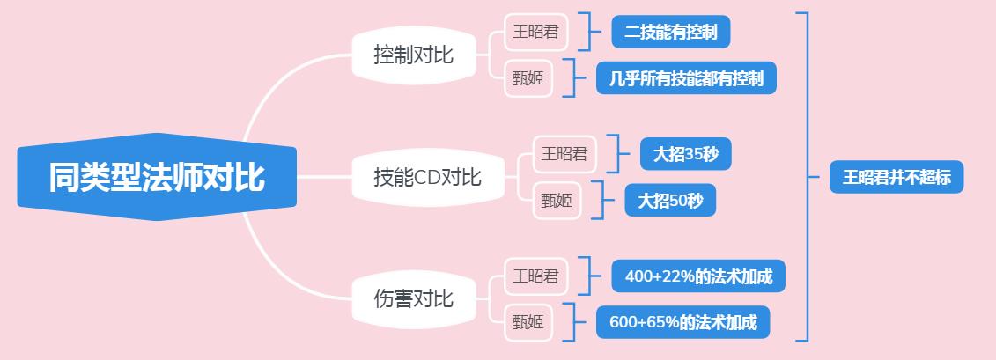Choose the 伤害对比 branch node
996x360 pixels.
414,298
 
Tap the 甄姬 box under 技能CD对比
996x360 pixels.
557,202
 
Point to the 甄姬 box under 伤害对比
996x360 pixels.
528,322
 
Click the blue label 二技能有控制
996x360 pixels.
671,33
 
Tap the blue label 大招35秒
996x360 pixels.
686,155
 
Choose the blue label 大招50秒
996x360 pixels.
670,202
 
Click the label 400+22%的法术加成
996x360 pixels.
698,276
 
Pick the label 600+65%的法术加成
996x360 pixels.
683,322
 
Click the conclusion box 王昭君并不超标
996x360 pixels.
896,177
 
